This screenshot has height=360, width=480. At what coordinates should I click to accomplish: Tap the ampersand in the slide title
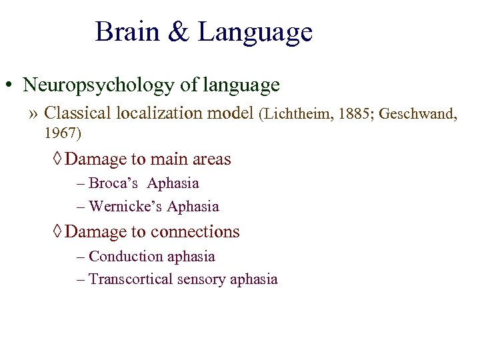[179, 32]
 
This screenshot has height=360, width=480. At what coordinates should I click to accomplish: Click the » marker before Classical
[33, 113]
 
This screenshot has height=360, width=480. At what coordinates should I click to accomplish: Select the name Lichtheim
[297, 114]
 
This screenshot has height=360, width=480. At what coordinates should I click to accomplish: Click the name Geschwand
[417, 114]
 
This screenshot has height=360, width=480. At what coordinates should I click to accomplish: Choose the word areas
[211, 159]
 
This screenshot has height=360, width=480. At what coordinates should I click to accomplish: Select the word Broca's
[113, 183]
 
